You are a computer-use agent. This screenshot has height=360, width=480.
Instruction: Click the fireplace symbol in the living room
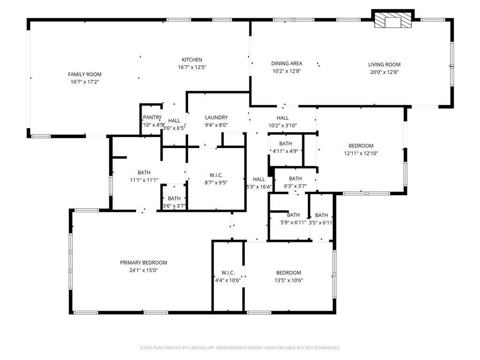(393, 21)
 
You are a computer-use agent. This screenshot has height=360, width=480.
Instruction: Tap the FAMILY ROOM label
(84, 74)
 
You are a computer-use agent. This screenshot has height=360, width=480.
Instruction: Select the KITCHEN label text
(192, 60)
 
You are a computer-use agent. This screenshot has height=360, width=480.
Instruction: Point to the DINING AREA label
(286, 63)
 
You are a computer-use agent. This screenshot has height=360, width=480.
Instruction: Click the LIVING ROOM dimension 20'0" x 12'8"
(384, 72)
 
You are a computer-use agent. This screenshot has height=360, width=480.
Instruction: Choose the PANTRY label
(152, 117)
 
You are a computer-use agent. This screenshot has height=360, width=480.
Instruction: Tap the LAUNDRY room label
(216, 117)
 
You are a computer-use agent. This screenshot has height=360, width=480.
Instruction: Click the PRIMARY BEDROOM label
(143, 262)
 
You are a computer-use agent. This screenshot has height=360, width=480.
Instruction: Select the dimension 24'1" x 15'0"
(143, 270)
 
